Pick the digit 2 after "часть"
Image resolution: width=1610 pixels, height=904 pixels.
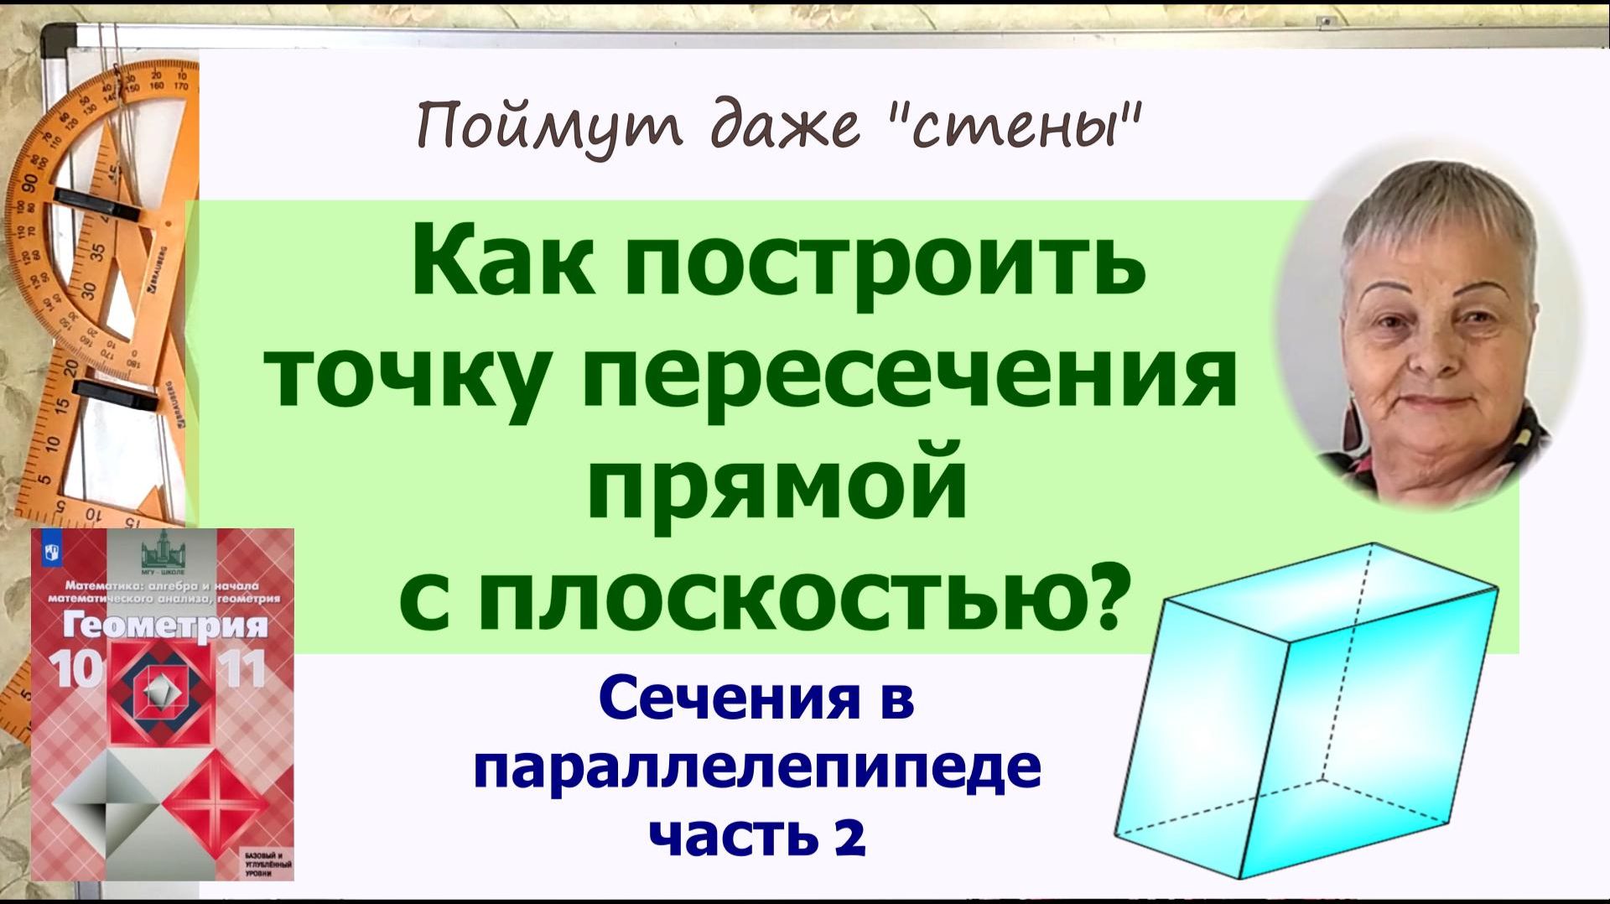coord(849,835)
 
